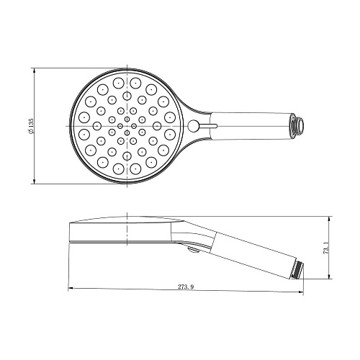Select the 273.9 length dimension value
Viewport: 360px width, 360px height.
(185, 287)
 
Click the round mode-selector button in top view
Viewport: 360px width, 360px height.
(193, 127)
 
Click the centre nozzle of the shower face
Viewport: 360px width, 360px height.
(127, 127)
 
